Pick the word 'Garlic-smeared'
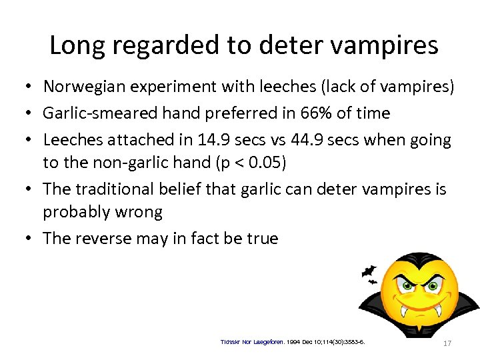pyautogui.click(x=96, y=113)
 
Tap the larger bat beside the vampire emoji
pyautogui.click(x=369, y=272)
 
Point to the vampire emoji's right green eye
pyautogui.click(x=435, y=286)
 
